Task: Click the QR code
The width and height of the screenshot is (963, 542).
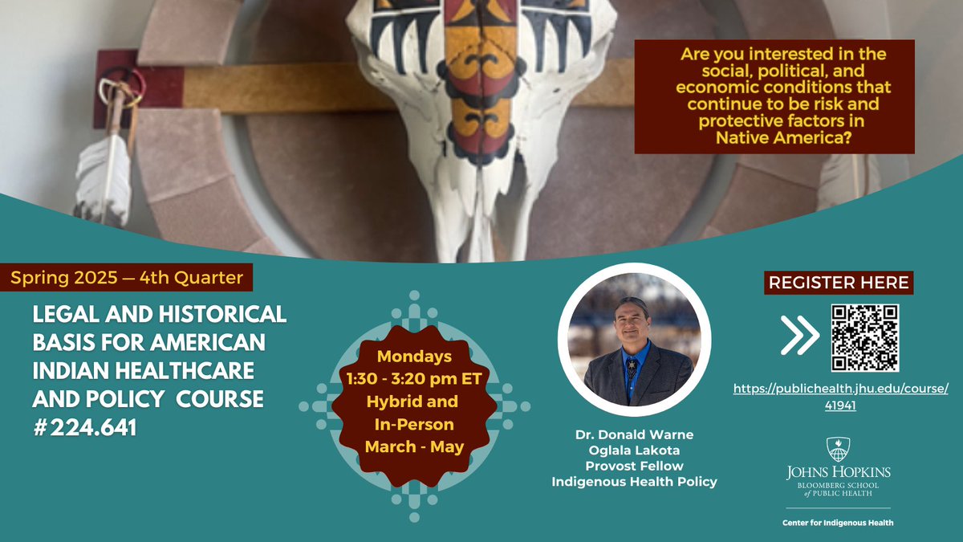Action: pyautogui.click(x=865, y=337)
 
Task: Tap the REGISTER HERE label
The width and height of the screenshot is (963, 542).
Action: pyautogui.click(x=839, y=283)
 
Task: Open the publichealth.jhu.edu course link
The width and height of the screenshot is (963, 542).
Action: pyautogui.click(x=841, y=397)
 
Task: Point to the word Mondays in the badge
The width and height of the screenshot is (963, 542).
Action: pyautogui.click(x=414, y=356)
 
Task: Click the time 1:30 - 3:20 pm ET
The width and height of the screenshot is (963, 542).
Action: pyautogui.click(x=414, y=378)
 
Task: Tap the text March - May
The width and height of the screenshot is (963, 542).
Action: pyautogui.click(x=414, y=446)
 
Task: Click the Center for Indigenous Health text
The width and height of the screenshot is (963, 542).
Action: pyautogui.click(x=839, y=523)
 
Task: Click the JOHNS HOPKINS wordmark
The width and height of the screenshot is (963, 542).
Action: pyautogui.click(x=839, y=472)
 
